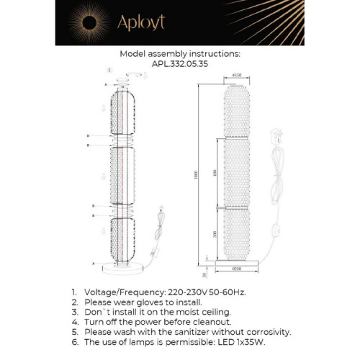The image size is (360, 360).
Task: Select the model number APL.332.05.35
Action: (x=179, y=63)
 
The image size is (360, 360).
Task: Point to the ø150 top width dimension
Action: (x=237, y=76)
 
